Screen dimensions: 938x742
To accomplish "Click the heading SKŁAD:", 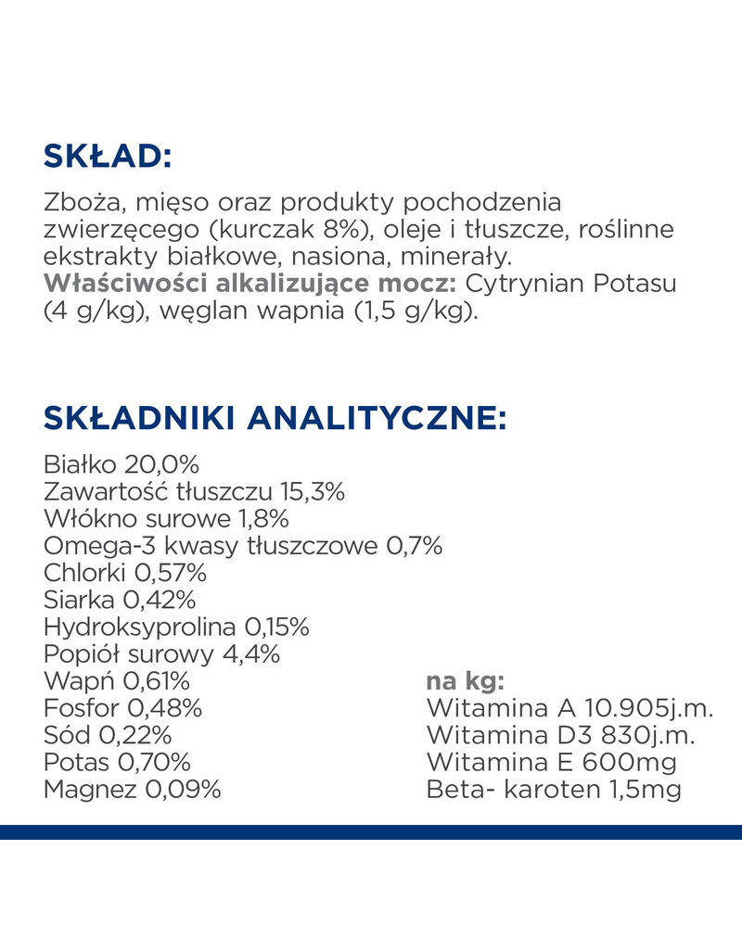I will click(108, 156).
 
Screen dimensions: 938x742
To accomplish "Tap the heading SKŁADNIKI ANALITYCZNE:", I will click(275, 418).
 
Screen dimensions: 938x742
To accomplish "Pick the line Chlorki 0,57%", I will click(125, 573).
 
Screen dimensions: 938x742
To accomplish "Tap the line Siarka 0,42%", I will click(120, 600).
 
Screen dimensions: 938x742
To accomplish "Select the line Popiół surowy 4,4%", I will click(161, 654).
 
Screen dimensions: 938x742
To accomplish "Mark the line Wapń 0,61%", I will click(117, 682).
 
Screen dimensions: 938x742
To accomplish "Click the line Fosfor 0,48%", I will click(122, 709).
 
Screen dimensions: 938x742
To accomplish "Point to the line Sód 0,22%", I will click(108, 736).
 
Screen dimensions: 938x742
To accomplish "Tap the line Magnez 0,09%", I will click(132, 791).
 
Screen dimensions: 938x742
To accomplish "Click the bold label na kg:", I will click(465, 682).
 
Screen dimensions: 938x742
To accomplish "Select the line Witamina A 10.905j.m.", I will click(569, 709).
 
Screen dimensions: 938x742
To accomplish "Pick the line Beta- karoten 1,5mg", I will click(554, 791).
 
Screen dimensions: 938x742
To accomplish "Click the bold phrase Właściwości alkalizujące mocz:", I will click(251, 284).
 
